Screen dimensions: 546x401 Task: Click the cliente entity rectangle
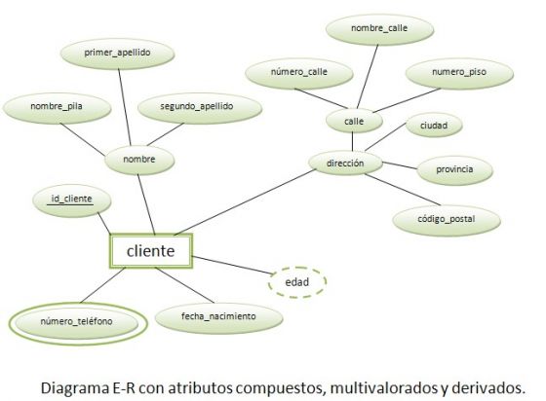tap(151, 251)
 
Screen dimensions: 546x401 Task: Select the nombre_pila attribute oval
tap(57, 107)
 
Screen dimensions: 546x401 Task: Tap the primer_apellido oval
tap(117, 54)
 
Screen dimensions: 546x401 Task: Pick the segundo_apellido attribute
tap(200, 107)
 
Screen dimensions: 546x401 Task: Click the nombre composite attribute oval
tap(139, 160)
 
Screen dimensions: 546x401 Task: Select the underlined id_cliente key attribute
tap(72, 200)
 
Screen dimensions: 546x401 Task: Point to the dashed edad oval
tap(297, 282)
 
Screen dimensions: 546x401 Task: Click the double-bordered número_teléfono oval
tap(78, 323)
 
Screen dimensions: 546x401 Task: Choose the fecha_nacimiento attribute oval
tap(218, 317)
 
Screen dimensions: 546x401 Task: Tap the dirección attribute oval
tap(345, 164)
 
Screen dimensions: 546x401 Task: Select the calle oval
tap(354, 122)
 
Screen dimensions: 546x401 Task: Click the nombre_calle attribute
tap(379, 29)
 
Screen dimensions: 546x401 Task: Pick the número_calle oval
tap(299, 73)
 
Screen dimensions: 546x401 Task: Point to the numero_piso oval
tap(459, 73)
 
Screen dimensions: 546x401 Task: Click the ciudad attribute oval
tap(434, 126)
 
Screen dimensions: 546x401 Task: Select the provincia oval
tap(454, 170)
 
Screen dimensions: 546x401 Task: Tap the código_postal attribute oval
tap(447, 220)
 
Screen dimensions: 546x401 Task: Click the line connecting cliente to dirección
tap(245, 201)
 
